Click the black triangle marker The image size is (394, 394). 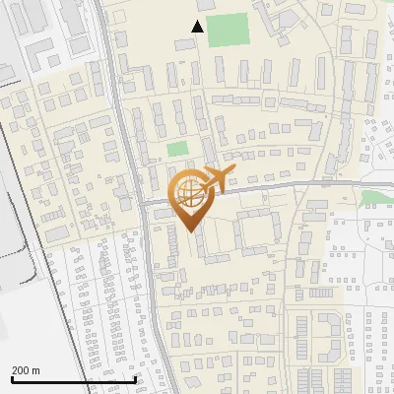198,27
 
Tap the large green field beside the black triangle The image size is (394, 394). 228,31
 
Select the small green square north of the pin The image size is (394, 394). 177,150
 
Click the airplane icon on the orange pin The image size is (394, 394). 218,180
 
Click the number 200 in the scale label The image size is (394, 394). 21,369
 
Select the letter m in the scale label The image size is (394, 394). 36,369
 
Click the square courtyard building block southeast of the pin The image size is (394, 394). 257,229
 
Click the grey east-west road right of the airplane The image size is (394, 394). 295,186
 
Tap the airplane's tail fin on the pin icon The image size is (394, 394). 210,172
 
